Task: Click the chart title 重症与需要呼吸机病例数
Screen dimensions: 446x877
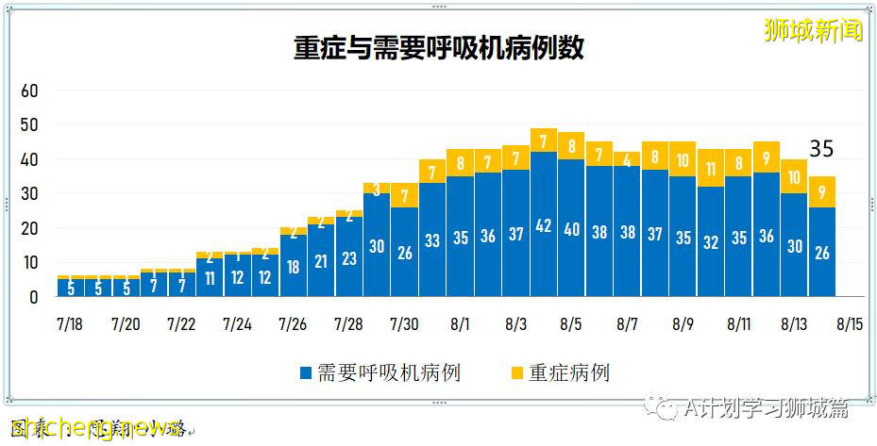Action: [438, 49]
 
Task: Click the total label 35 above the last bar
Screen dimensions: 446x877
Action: [821, 149]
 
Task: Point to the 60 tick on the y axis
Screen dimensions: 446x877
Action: [29, 91]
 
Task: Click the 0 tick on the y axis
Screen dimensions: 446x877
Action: [34, 297]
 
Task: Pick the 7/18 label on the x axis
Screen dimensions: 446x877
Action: [70, 324]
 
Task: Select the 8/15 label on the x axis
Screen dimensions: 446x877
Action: [850, 324]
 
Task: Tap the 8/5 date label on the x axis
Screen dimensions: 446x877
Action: [571, 324]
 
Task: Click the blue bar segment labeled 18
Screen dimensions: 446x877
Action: [294, 266]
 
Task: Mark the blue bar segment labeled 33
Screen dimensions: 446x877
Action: [432, 240]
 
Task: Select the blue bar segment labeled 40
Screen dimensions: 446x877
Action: [571, 228]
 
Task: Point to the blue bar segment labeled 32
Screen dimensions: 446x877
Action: [711, 241]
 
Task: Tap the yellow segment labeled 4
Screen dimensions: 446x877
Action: [627, 159]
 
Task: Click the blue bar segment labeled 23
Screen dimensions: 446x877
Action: [349, 257]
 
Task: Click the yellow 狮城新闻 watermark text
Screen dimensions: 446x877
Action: [814, 30]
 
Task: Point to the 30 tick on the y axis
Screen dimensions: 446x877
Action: [29, 194]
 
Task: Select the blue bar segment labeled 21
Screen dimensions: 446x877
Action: [321, 260]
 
